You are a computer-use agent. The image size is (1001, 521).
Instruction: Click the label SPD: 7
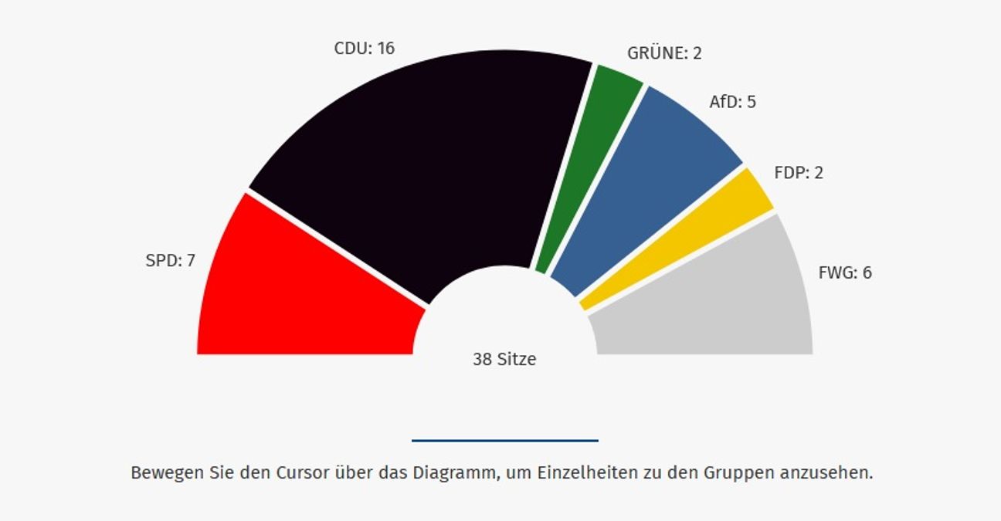coord(170,261)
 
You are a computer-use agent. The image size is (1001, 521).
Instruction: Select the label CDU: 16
coord(364,49)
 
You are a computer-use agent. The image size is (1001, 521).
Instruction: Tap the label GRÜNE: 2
coord(664,53)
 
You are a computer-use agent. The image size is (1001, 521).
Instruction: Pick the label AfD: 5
coord(732,102)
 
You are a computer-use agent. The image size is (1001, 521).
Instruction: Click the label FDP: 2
coord(799,173)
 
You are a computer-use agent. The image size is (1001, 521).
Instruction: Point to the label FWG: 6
coord(845,272)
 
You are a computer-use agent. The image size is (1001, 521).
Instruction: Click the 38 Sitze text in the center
coord(504,359)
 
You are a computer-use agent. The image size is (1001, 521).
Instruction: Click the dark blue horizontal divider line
coord(505,441)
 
